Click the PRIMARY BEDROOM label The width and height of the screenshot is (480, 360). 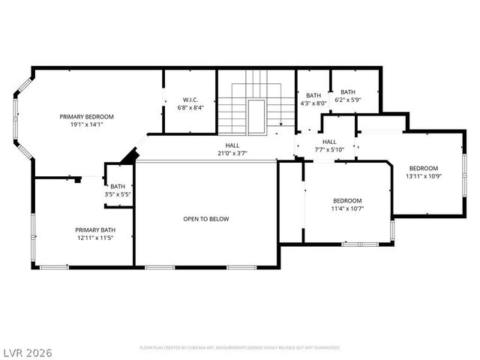tap(87, 117)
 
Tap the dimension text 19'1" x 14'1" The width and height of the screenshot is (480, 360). tap(87, 125)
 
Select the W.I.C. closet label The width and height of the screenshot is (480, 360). tap(190, 100)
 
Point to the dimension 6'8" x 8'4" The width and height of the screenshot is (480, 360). tap(190, 108)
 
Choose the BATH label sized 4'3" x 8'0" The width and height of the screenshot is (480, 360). tap(313, 95)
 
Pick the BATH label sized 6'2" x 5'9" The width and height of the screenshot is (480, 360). tap(348, 92)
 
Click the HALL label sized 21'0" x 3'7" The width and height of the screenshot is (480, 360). tap(232, 145)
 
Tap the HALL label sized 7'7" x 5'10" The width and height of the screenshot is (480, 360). tap(329, 141)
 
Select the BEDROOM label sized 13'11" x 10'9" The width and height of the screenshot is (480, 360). tap(424, 168)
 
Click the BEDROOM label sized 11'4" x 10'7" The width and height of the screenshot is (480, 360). tap(347, 201)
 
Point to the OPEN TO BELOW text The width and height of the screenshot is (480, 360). tap(206, 219)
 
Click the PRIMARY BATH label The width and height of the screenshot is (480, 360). tap(94, 229)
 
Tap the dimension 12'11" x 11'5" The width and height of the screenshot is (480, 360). tap(94, 238)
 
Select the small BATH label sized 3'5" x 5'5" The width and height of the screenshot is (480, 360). tap(118, 187)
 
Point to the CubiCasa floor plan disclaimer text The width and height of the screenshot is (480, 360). tap(240, 348)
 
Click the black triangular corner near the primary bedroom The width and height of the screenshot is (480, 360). tap(131, 156)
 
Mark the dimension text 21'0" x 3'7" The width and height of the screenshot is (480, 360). tap(232, 153)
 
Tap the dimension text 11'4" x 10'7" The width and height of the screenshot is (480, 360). tap(347, 209)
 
